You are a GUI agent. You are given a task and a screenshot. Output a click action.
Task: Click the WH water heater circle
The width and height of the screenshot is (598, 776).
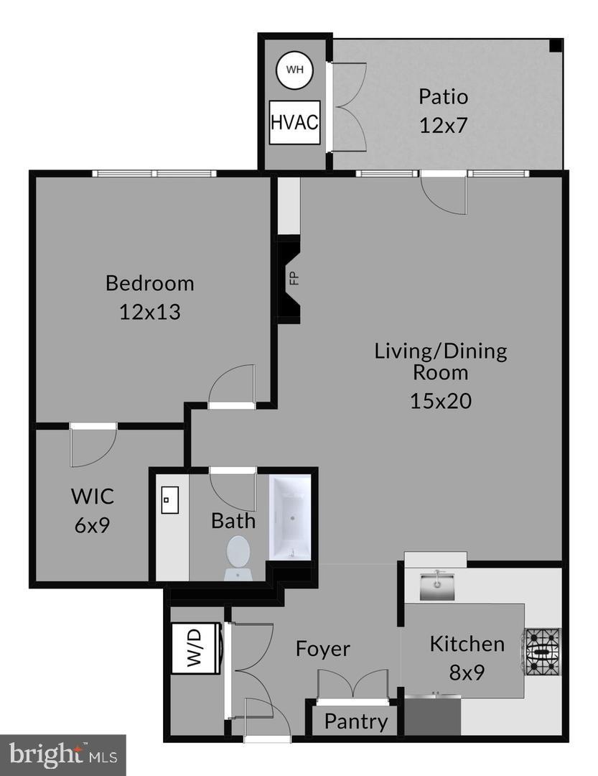294,70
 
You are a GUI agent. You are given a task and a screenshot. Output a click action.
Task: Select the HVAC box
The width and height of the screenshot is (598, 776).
294,122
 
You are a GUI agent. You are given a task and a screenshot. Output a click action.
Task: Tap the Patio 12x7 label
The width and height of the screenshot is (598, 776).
443,111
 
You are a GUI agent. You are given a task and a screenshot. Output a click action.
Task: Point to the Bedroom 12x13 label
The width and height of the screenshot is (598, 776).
149,297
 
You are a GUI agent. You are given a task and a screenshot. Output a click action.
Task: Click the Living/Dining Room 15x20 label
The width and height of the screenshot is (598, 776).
440,375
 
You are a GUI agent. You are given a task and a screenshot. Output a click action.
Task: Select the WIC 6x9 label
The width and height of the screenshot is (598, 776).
92,509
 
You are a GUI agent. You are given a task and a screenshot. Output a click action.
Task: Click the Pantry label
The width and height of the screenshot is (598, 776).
355,721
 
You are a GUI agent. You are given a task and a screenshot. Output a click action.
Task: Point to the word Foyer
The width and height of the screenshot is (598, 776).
323,649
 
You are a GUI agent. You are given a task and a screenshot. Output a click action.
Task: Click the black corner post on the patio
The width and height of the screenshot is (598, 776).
556,45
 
